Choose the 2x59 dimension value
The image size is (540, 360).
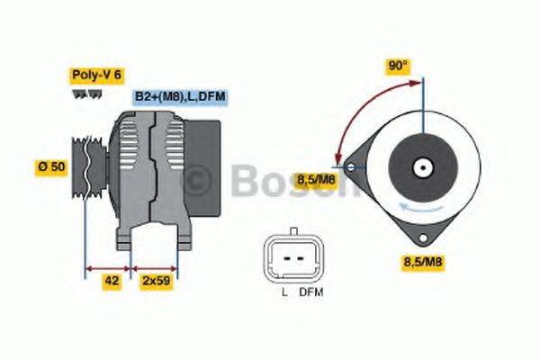click(156, 282)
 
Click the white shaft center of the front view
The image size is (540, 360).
click(421, 167)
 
